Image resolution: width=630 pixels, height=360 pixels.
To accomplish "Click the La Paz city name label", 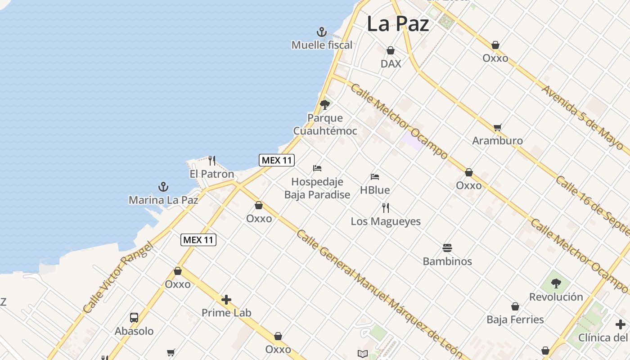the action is point(398,24).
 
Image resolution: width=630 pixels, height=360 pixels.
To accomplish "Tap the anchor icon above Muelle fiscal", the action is point(321,32).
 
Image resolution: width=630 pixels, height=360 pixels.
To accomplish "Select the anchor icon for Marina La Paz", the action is point(163,187).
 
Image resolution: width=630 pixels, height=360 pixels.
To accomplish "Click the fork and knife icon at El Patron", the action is point(212,160).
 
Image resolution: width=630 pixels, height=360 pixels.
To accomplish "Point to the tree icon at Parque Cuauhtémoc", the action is point(324,105).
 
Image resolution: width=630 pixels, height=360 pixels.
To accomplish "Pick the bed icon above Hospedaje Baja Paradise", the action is point(317,168).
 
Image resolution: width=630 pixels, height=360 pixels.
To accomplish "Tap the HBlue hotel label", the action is point(375,190).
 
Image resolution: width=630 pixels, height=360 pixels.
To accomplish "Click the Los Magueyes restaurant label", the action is point(386,221).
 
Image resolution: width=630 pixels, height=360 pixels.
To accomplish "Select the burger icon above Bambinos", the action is point(447,248).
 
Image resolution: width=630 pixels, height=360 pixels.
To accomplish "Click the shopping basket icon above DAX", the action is point(391,50).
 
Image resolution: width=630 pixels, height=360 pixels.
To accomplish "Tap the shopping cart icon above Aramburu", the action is point(497,127).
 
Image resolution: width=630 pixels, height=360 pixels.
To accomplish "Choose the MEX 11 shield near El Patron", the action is point(276,160).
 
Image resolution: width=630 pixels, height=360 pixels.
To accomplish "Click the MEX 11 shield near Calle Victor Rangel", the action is point(198,240).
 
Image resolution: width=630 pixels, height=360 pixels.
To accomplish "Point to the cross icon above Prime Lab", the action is point(226,300).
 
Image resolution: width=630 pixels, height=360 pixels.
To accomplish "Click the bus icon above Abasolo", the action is point(134,318).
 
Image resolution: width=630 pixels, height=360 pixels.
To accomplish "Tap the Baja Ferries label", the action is point(515,319).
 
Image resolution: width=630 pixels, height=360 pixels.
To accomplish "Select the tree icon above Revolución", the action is point(556,283).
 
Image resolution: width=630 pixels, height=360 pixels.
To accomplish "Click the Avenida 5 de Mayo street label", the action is point(582,117).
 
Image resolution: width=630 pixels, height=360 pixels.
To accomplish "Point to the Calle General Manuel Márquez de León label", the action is point(378,292).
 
